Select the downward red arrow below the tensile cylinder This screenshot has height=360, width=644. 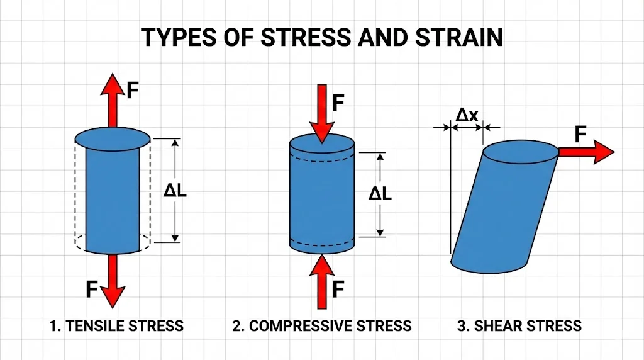(x=113, y=280)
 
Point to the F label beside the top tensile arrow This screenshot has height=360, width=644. (x=133, y=91)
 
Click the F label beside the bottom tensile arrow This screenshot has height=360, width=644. (x=92, y=290)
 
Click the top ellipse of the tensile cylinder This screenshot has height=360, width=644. (x=113, y=138)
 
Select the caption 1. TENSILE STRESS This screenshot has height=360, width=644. (x=116, y=326)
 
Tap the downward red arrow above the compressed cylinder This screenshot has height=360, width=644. (x=323, y=110)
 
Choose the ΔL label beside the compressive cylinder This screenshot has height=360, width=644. (x=380, y=194)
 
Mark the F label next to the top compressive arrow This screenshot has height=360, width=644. (x=339, y=103)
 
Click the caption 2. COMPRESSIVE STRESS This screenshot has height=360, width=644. (x=321, y=326)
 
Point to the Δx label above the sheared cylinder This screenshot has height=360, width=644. (x=467, y=115)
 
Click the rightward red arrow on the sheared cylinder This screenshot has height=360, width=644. (x=585, y=152)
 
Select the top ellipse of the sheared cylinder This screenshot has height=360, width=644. (x=520, y=152)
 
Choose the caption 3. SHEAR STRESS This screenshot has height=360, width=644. (x=519, y=326)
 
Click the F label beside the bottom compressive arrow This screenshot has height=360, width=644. (x=338, y=290)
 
